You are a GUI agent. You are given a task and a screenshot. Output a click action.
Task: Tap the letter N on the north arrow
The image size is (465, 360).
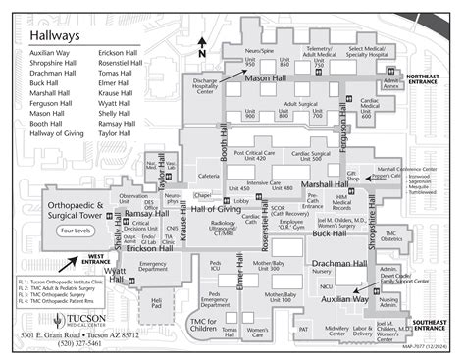pos(202,41)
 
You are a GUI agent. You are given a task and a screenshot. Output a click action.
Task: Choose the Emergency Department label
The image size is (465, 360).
pos(153,267)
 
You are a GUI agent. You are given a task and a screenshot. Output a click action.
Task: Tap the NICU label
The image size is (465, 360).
pos(325,285)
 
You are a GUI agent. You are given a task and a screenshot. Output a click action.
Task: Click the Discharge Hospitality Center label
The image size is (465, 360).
pos(204,86)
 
